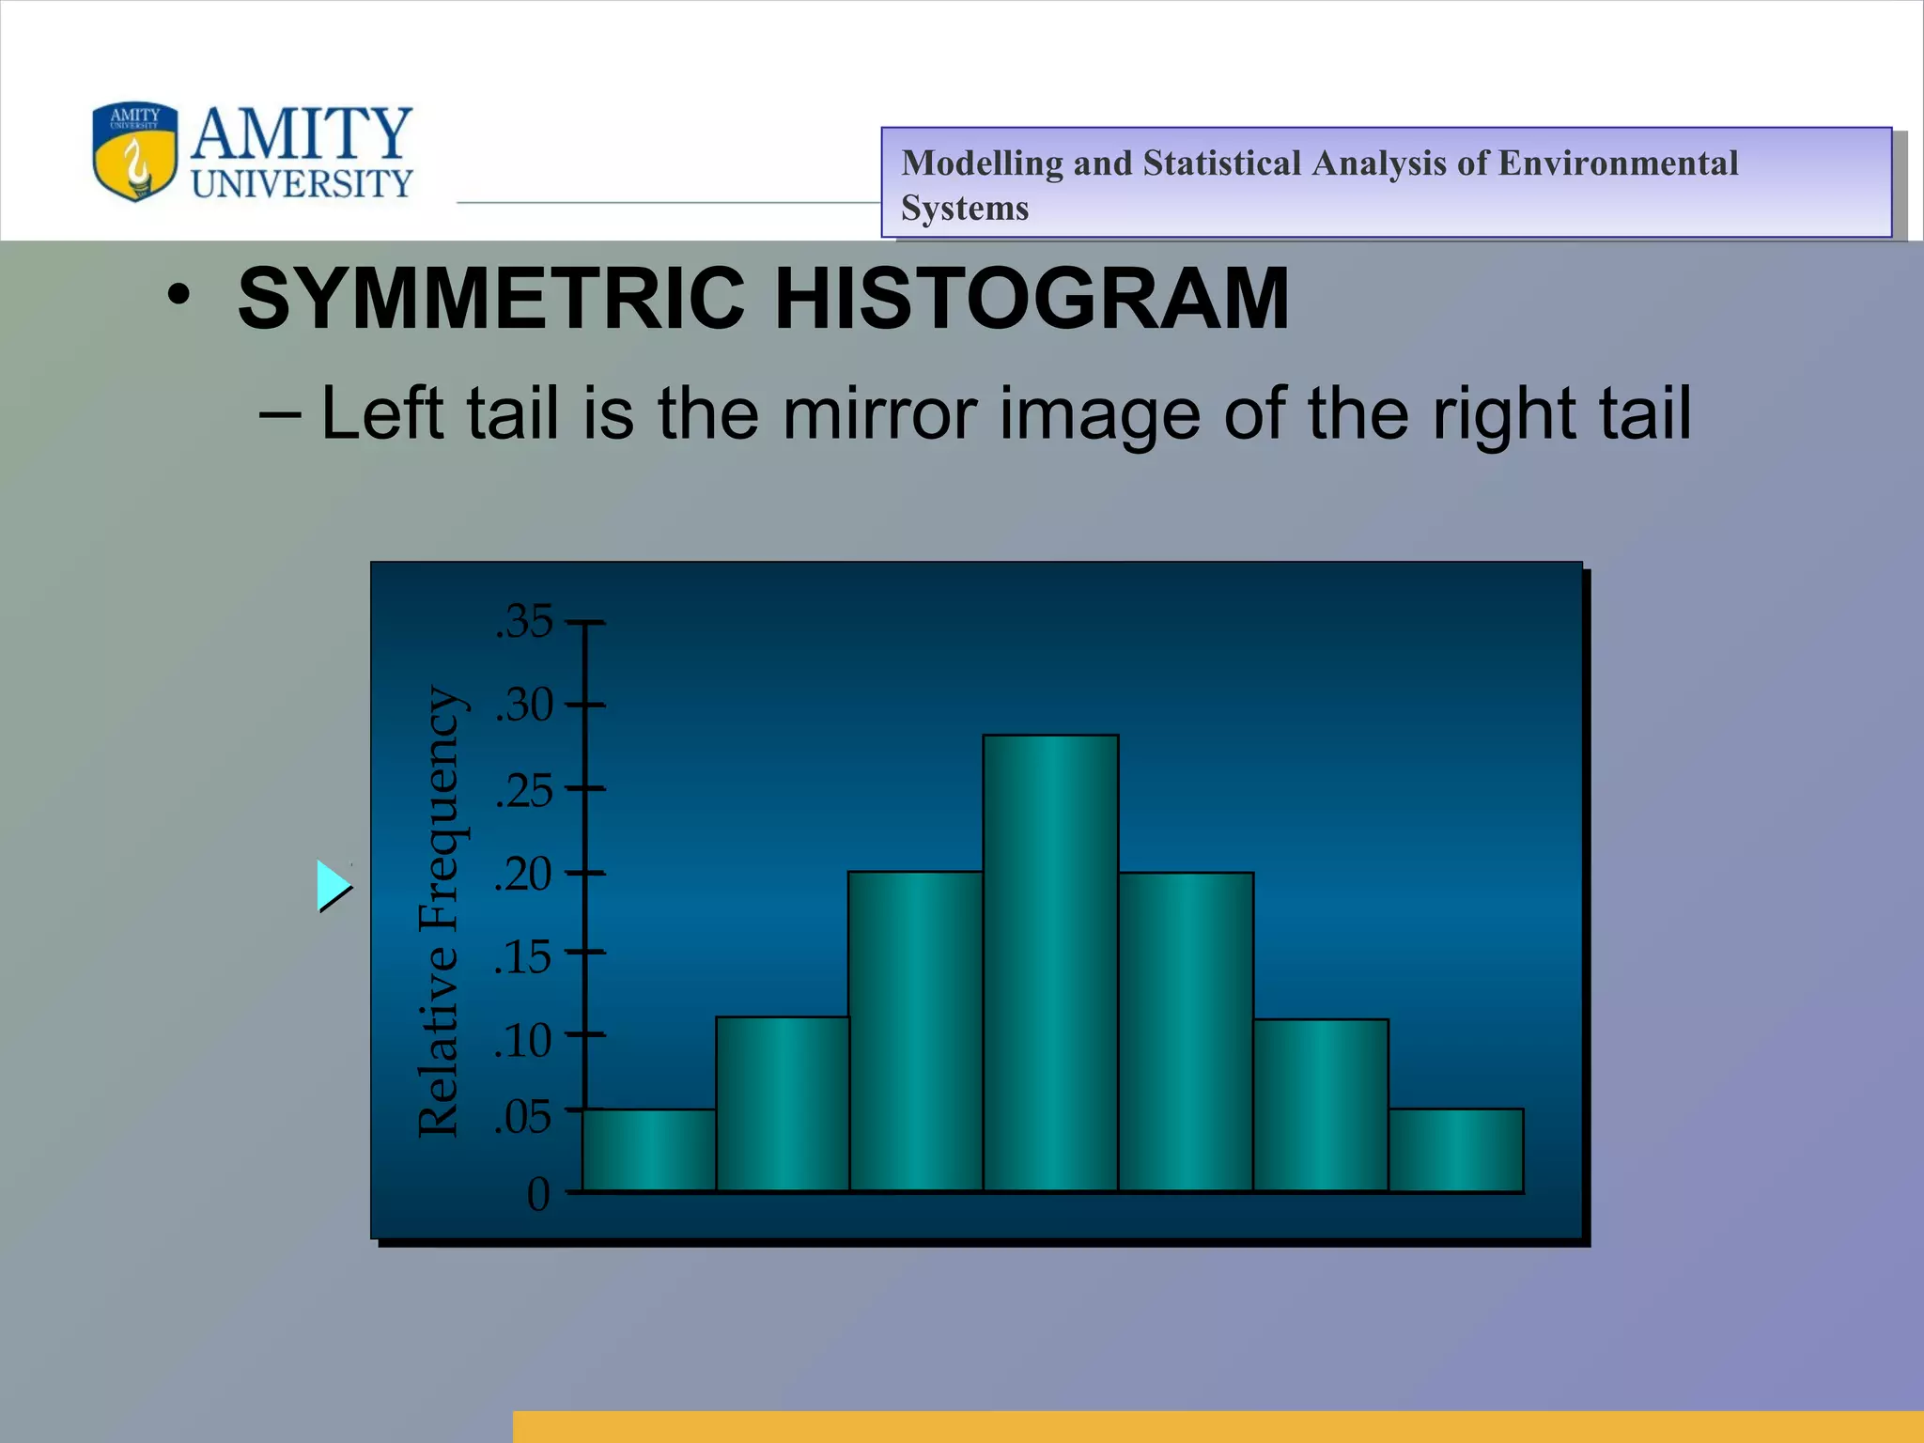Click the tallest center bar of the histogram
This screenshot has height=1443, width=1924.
coord(1050,963)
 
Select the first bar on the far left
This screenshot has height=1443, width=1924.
coord(649,1150)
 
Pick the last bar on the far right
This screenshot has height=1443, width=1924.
coord(1456,1150)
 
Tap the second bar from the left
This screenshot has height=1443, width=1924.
coord(783,1104)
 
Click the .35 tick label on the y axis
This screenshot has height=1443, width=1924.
coord(524,622)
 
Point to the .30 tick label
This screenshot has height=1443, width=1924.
coord(524,705)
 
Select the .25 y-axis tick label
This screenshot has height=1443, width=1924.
coord(524,790)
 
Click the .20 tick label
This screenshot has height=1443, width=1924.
coord(524,874)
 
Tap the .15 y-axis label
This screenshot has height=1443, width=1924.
coord(524,957)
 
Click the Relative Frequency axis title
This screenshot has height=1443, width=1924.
coord(439,911)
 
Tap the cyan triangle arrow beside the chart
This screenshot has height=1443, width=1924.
coord(332,885)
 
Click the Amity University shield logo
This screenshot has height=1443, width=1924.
coord(135,151)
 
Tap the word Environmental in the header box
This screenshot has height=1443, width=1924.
coord(1617,163)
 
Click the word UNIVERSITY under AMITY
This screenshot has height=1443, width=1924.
coord(303,183)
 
